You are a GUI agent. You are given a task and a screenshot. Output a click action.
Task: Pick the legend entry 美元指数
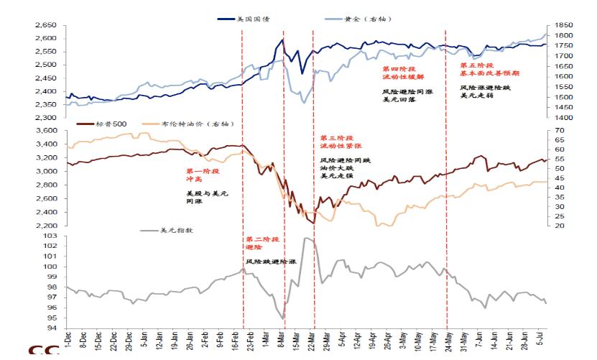click(170, 231)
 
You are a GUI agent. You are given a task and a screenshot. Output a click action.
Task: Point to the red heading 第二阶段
click(262, 239)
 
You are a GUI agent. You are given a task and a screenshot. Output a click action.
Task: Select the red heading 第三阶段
click(336, 137)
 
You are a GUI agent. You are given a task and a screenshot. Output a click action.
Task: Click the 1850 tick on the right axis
click(563, 25)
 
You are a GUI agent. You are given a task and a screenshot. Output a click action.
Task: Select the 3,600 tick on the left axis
click(46, 131)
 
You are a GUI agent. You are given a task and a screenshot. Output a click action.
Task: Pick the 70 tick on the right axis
click(559, 131)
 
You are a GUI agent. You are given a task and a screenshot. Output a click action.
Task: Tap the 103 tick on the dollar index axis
click(50, 236)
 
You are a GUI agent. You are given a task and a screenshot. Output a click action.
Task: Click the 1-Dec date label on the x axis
click(68, 342)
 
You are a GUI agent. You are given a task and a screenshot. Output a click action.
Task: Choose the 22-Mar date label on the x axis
click(311, 341)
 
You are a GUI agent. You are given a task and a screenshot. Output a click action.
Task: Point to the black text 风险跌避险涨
click(270, 263)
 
